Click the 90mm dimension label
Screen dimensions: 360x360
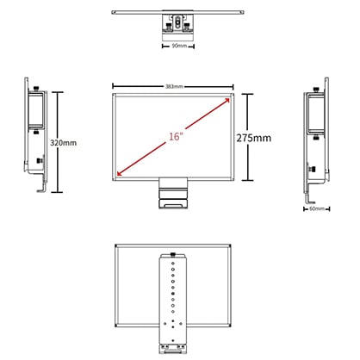(x=179, y=46)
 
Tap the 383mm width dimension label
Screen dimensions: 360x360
(x=174, y=86)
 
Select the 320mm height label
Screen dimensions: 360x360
(x=64, y=143)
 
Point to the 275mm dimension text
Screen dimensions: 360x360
(x=254, y=138)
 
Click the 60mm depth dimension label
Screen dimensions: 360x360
(x=317, y=208)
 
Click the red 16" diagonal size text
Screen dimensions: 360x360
(x=176, y=137)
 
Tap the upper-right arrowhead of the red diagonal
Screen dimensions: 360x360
(x=227, y=100)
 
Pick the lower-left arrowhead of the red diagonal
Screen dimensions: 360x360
(x=120, y=172)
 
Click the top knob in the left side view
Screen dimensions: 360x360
(x=36, y=89)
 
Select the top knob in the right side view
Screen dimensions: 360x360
(x=316, y=90)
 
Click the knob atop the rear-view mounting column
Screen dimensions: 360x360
(x=173, y=254)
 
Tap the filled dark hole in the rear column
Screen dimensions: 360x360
(x=173, y=294)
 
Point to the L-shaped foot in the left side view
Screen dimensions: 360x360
(x=42, y=188)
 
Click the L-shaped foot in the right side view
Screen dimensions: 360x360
(x=310, y=199)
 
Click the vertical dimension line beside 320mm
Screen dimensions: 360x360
(x=58, y=142)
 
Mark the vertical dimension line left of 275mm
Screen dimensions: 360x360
(x=247, y=137)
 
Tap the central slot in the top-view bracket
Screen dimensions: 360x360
(x=177, y=22)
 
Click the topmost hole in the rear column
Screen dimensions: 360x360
(x=173, y=263)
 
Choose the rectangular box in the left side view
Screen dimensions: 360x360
(x=36, y=110)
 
